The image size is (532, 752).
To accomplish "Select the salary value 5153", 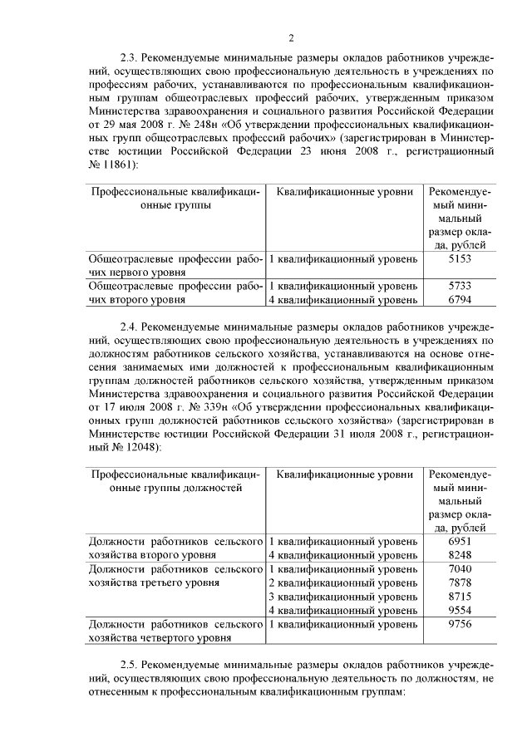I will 460,259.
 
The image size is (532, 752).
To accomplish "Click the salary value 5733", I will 460,286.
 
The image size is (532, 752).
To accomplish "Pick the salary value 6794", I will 460,299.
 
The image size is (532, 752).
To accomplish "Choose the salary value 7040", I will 460,569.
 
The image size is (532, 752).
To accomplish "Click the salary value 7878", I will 460,582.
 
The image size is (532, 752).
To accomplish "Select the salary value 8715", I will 460,597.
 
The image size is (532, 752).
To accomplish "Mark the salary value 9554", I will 460,610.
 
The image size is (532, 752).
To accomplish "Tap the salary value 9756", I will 460,623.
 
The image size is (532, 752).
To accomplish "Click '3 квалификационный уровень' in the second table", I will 342,597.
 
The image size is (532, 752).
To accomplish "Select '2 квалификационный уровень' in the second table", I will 342,582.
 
